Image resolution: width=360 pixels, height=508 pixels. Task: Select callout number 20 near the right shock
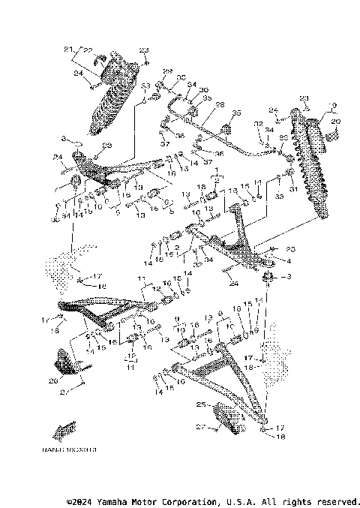pyautogui.click(x=335, y=121)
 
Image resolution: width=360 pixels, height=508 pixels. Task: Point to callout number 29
pyautogui.click(x=168, y=71)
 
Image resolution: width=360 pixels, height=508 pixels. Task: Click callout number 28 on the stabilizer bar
pyautogui.click(x=221, y=105)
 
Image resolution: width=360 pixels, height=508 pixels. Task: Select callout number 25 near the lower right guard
pyautogui.click(x=200, y=404)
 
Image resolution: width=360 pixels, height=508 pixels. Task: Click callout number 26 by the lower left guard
pyautogui.click(x=52, y=380)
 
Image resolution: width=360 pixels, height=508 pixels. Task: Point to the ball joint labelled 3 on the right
pyautogui.click(x=267, y=278)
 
